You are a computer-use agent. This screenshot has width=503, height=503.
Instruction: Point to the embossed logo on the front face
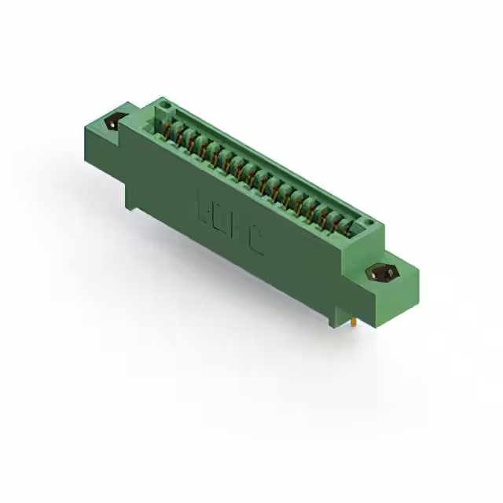[229, 226]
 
